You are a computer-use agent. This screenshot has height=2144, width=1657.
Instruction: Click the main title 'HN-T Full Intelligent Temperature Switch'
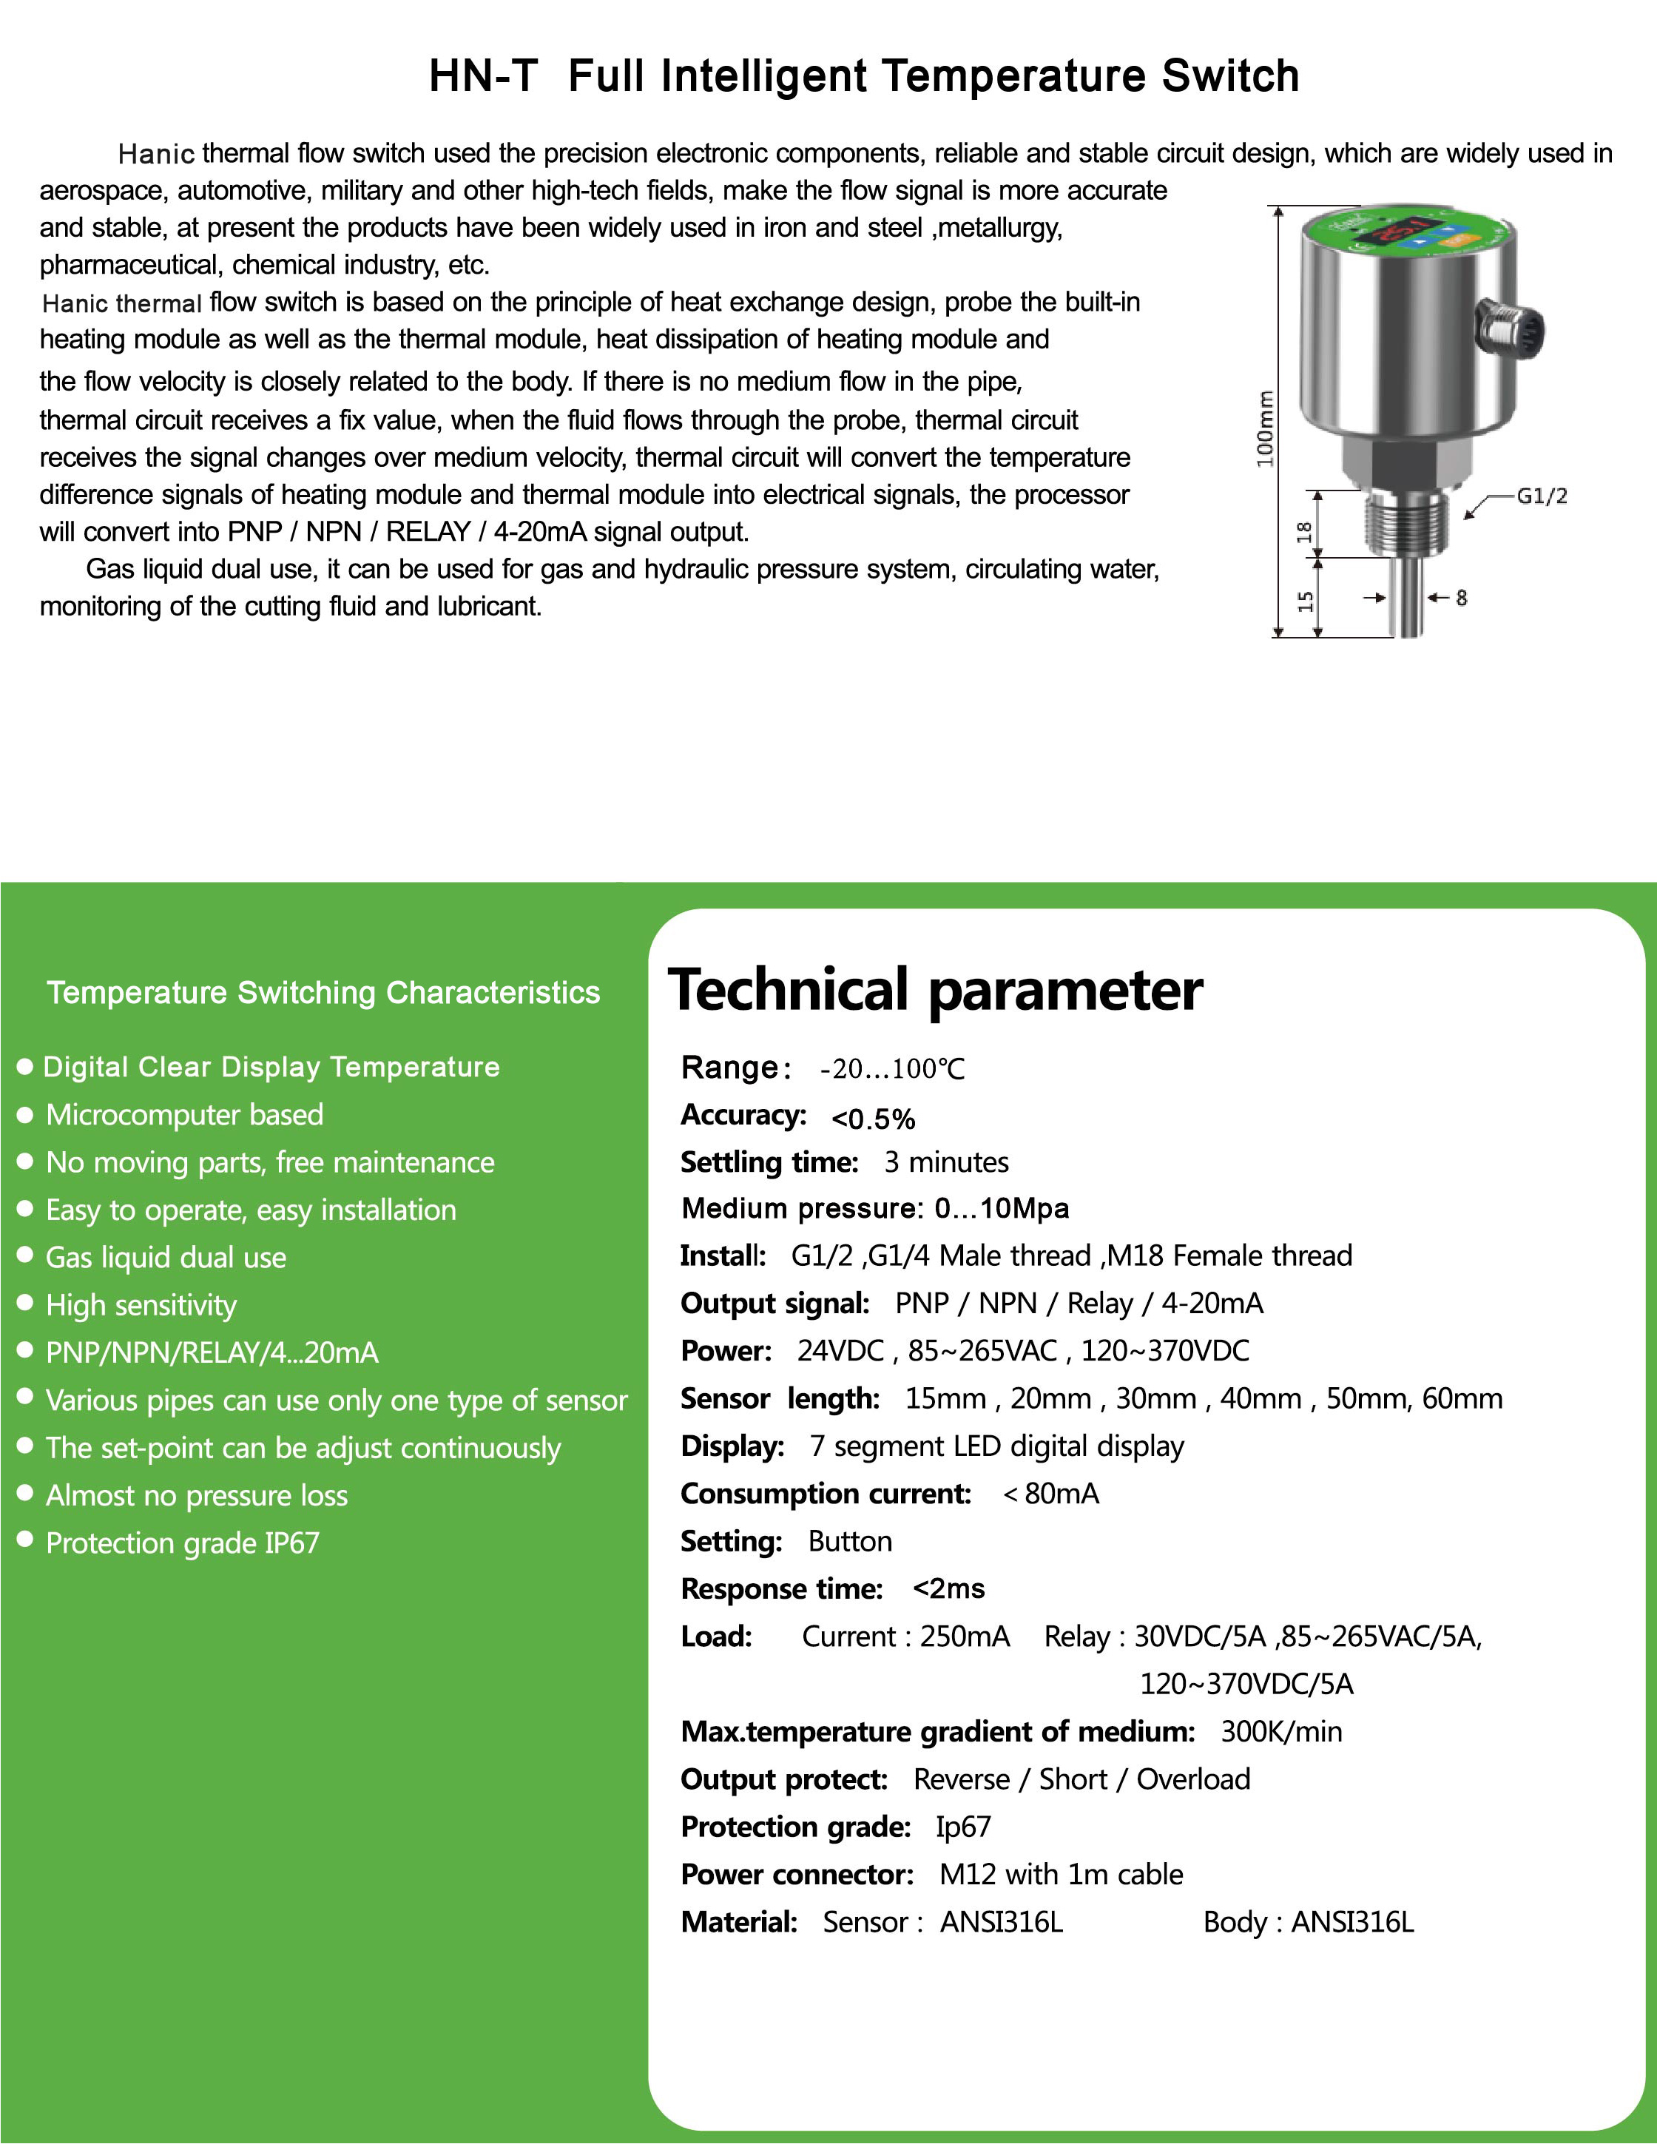point(864,75)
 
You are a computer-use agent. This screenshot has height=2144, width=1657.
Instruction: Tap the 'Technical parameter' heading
point(934,990)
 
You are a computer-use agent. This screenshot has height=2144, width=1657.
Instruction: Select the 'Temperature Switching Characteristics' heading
point(323,993)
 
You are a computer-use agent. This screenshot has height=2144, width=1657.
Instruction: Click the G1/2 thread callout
point(1541,496)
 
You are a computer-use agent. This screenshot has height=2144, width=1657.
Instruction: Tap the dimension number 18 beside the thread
point(1303,532)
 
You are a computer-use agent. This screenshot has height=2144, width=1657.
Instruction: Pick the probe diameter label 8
point(1462,597)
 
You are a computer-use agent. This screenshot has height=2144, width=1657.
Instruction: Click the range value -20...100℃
point(892,1069)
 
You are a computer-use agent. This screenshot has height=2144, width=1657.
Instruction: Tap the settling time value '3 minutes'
point(946,1162)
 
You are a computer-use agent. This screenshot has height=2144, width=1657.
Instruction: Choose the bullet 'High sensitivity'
point(141,1304)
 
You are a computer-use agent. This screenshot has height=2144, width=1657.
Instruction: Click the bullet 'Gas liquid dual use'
point(166,1258)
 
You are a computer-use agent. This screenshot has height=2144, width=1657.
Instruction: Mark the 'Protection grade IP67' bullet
point(183,1543)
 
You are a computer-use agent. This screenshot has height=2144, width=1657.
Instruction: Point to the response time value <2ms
point(948,1588)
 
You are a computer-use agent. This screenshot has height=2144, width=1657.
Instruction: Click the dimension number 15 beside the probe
point(1306,601)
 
